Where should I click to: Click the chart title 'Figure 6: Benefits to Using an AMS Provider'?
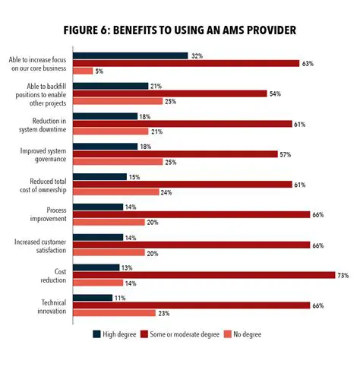click(180, 30)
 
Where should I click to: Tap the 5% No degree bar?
click(84, 71)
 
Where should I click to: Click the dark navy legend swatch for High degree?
click(96, 334)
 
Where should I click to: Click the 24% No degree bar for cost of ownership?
click(116, 191)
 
